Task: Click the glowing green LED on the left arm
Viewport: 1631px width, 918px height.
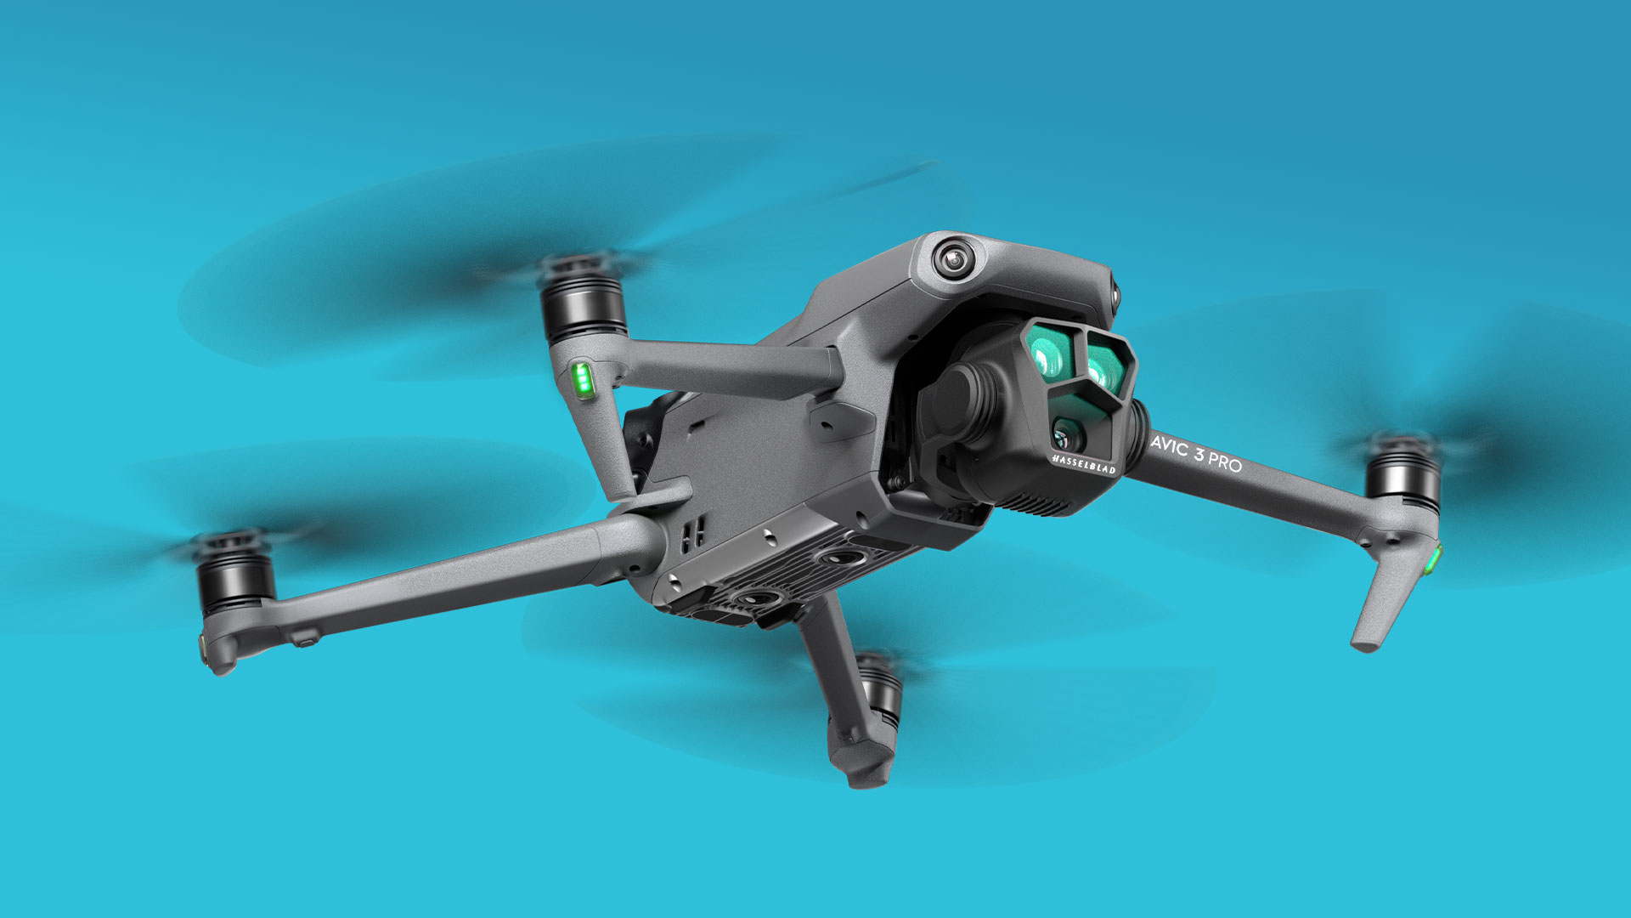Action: (582, 379)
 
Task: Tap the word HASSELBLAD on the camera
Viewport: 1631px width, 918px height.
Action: (1084, 463)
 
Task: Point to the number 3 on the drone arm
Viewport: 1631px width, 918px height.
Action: (1199, 455)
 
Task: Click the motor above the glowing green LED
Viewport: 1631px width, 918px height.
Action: (583, 297)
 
